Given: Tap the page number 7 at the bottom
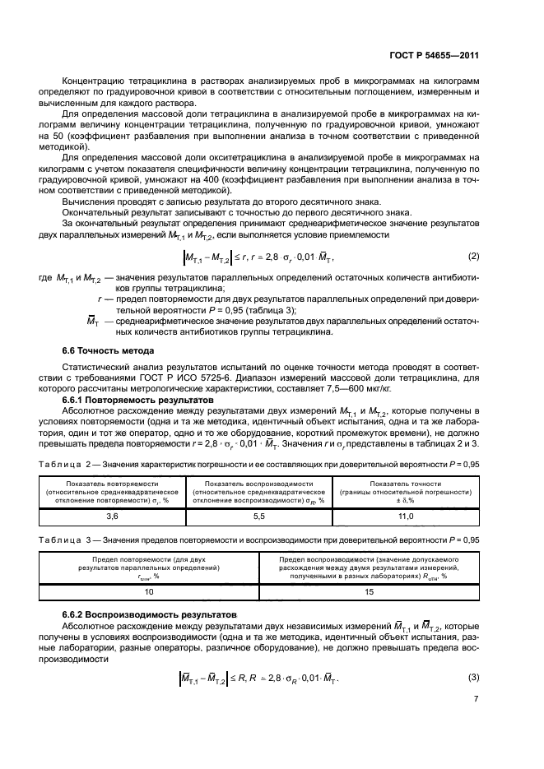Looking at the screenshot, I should coord(476,720).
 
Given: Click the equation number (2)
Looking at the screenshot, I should coord(473,258).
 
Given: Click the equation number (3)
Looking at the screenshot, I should coord(473,678).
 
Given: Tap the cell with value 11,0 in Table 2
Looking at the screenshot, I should coord(405,515).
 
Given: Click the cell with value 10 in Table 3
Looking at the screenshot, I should coord(148,591).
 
